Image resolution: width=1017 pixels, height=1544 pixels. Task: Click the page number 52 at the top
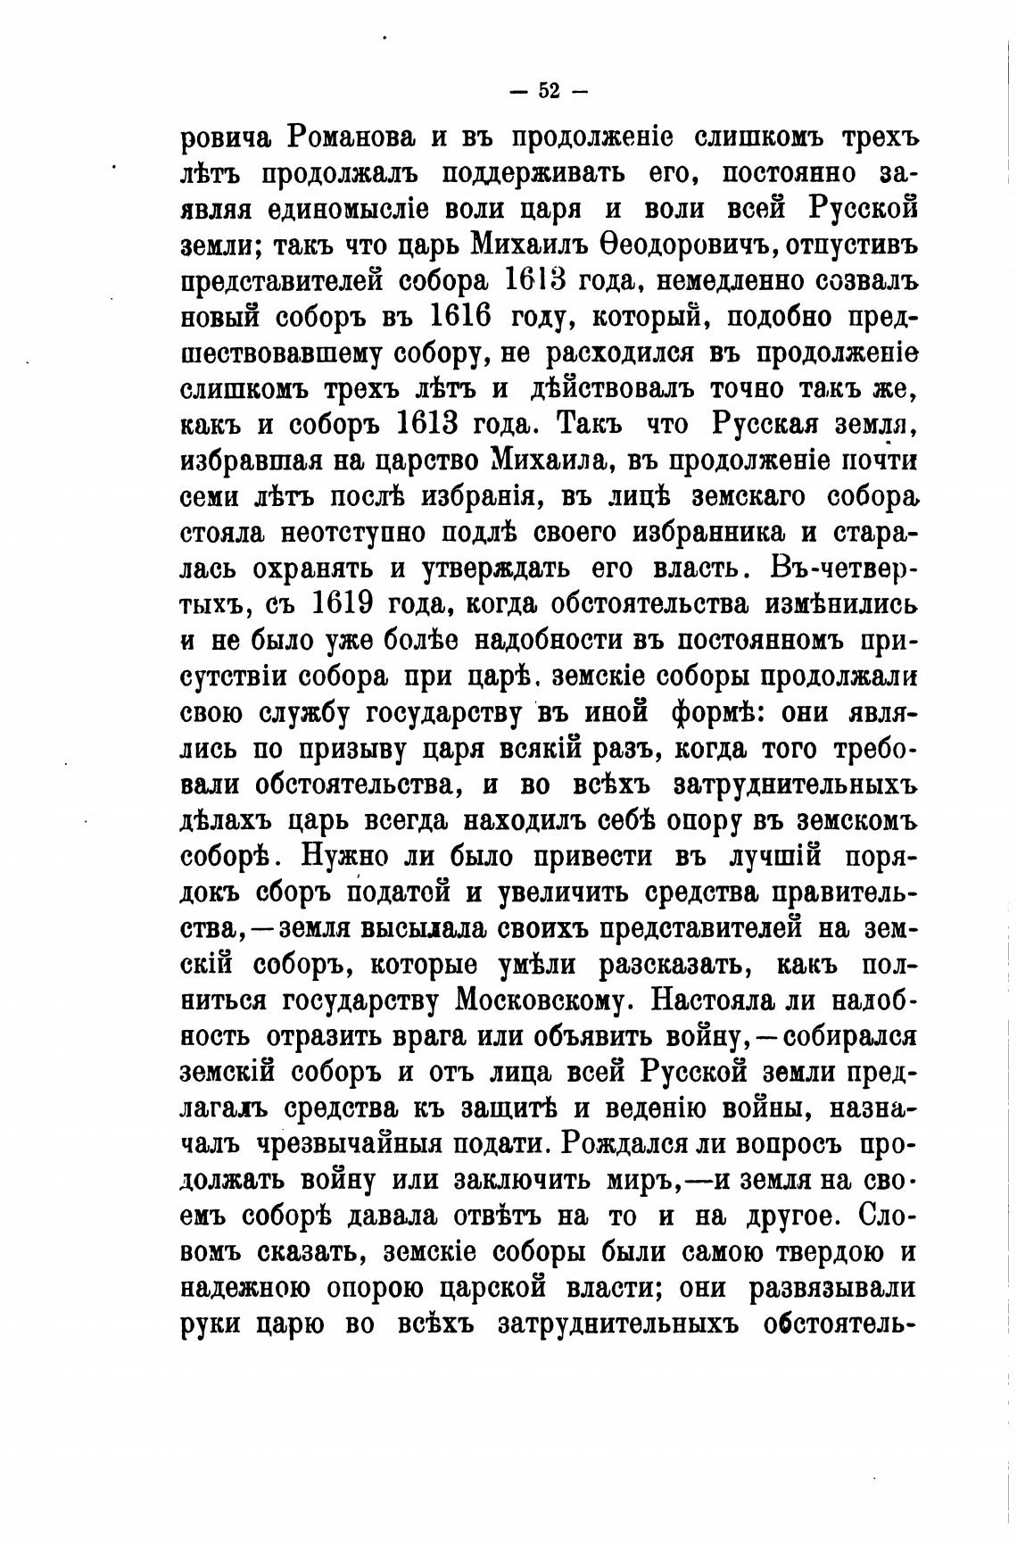(x=549, y=90)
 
